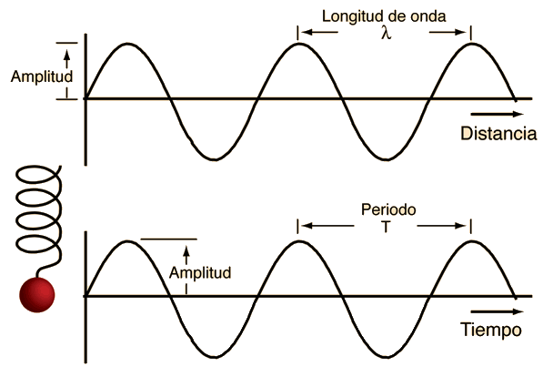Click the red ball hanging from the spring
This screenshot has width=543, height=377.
tap(37, 295)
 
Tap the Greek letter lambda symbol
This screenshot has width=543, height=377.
tap(387, 34)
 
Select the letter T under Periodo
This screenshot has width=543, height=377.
tap(386, 227)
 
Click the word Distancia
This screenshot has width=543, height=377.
tap(498, 134)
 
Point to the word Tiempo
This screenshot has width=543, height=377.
tap(491, 329)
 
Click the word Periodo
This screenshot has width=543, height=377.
tap(388, 209)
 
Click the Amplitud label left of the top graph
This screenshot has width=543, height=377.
tap(42, 76)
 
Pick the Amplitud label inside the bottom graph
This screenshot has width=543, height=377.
tap(200, 272)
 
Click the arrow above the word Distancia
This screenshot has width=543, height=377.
tap(497, 114)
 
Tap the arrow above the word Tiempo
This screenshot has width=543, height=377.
tap(497, 311)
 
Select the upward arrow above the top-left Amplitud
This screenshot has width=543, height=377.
tap(66, 58)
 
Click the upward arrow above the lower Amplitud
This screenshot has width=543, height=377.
tap(186, 255)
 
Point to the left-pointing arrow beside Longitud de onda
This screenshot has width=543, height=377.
tap(319, 32)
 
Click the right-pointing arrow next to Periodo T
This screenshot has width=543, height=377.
tap(442, 226)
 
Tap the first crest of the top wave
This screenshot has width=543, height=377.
tap(127, 44)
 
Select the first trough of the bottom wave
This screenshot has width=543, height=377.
tap(215, 357)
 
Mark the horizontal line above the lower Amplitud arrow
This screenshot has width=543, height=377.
tap(168, 239)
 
